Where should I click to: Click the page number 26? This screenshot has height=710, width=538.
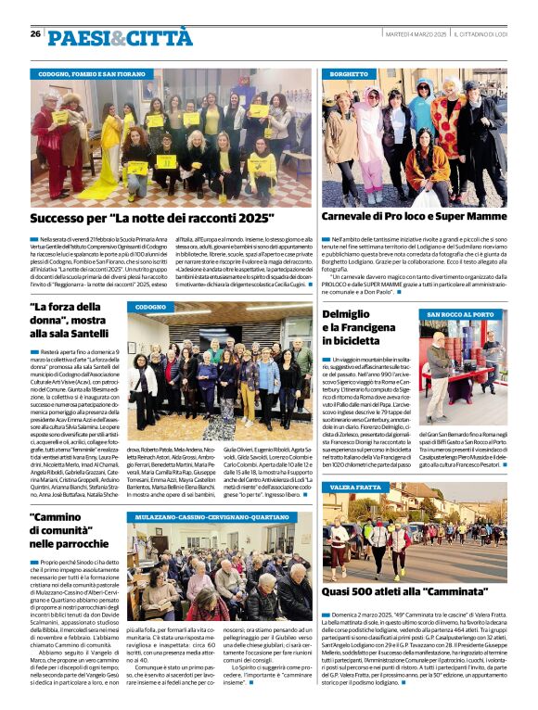pyautogui.click(x=35, y=34)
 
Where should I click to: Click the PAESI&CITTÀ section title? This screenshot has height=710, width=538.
pyautogui.click(x=120, y=38)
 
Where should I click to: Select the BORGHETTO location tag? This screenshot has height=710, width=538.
pyautogui.click(x=349, y=74)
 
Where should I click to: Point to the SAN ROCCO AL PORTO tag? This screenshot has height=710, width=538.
pyautogui.click(x=461, y=315)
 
